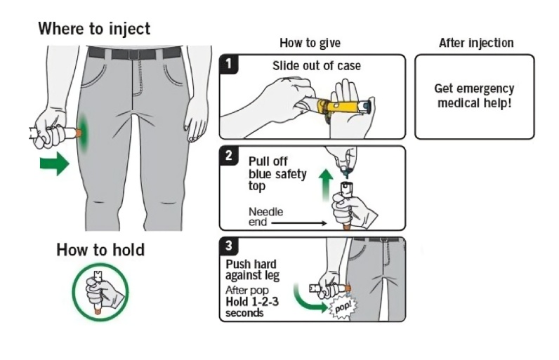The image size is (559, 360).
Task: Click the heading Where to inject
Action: pyautogui.click(x=93, y=29)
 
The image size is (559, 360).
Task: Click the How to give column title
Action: pyautogui.click(x=310, y=44)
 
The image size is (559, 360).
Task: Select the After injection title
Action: pyautogui.click(x=475, y=44)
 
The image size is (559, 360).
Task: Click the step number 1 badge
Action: pyautogui.click(x=229, y=65)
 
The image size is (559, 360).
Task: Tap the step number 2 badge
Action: pyautogui.click(x=229, y=155)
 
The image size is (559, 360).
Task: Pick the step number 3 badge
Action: pyautogui.click(x=229, y=246)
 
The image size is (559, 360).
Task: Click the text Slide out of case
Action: pyautogui.click(x=316, y=66)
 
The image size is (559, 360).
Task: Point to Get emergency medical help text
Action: pyautogui.click(x=474, y=95)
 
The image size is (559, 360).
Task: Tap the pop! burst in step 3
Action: pyautogui.click(x=343, y=307)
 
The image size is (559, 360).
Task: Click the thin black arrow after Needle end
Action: pyautogui.click(x=298, y=223)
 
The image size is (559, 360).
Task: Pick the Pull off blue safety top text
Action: pyautogui.click(x=277, y=173)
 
